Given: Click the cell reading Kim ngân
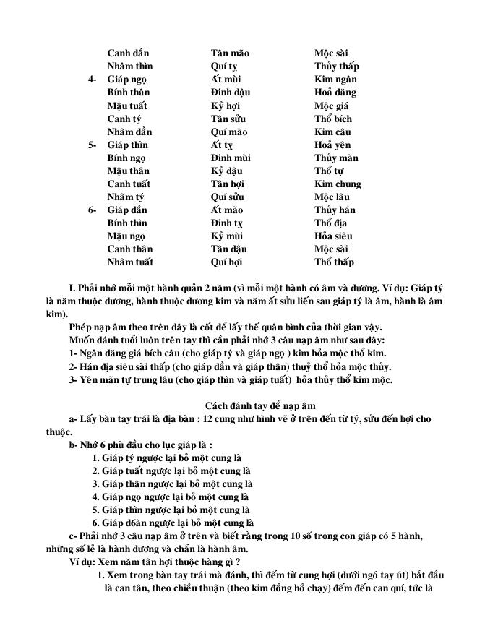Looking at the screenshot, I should coord(335,80).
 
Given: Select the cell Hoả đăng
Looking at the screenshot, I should coord(335,93).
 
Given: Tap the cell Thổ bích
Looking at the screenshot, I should coord(334,119).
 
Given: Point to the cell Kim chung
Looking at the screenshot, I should coord(338,184).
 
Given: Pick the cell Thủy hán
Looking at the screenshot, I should coord(335,210).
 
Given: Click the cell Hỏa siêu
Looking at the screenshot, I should coord(333,236).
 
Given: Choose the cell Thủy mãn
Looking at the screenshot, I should coord(336,158).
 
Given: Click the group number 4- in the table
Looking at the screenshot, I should coord(93,80).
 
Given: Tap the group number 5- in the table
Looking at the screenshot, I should coord(93,145).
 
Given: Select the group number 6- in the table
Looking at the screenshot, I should coord(93,210).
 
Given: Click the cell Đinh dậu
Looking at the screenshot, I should coord(231,93).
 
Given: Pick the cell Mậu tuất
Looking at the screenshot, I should coord(128,106).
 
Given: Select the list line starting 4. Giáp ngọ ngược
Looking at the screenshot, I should coord(172,497).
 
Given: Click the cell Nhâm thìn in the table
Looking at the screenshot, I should coord(130,66).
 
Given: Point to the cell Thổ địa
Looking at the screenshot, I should coord(331,223).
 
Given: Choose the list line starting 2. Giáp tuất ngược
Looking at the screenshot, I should coord(172,471).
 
